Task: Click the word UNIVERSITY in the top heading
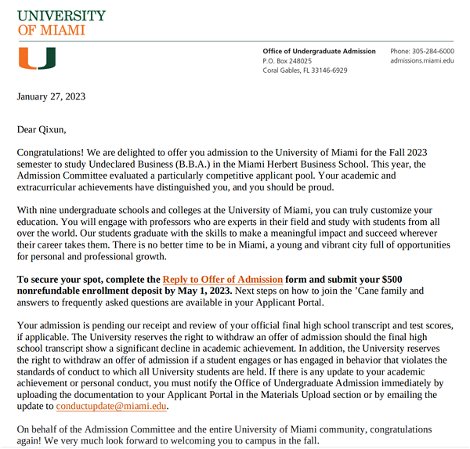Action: point(61,16)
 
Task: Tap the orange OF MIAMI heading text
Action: point(51,31)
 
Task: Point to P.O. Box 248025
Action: point(287,61)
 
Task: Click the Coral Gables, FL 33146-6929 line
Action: point(305,71)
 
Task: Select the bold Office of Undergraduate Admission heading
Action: point(320,52)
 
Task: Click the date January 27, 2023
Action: point(52,97)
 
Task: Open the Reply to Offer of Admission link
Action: point(222,280)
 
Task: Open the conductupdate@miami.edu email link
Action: point(112,407)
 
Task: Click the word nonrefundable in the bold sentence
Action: point(49,291)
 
